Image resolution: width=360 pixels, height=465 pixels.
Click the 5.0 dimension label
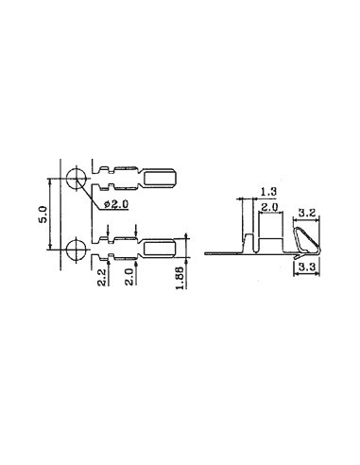pyautogui.click(x=43, y=215)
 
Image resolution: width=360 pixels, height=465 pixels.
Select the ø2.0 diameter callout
pyautogui.click(x=115, y=204)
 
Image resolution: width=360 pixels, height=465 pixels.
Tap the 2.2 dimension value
pyautogui.click(x=101, y=277)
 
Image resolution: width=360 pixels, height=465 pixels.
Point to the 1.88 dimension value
pyautogui.click(x=180, y=278)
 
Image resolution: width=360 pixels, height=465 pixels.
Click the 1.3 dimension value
pyautogui.click(x=268, y=191)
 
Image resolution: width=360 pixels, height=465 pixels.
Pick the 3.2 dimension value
pyautogui.click(x=307, y=214)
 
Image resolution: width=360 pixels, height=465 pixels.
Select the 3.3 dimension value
pyautogui.click(x=307, y=267)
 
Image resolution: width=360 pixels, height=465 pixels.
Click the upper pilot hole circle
pyautogui.click(x=77, y=179)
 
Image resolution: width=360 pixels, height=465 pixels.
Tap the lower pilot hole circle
pyautogui.click(x=77, y=250)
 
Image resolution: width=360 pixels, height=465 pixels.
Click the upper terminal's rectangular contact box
pyautogui.click(x=160, y=178)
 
